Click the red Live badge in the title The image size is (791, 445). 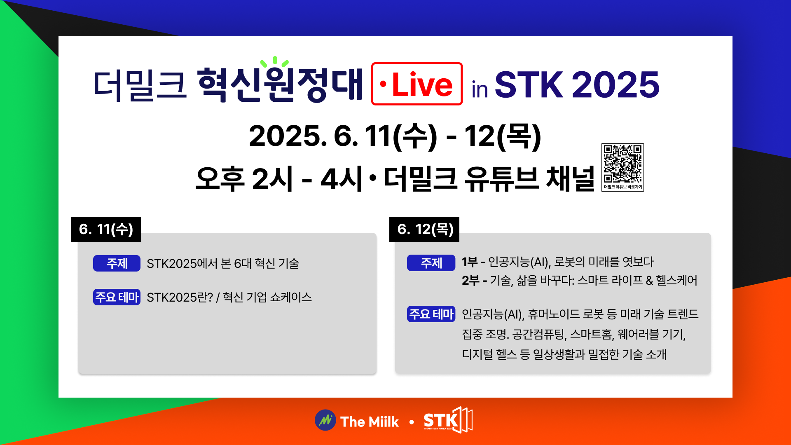pos(417,84)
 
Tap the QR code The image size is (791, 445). pos(623,164)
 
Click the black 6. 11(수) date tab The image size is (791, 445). pos(106,229)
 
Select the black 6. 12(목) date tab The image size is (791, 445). pos(424,229)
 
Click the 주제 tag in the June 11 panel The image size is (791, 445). pos(117,263)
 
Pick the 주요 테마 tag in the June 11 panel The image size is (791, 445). pos(117,297)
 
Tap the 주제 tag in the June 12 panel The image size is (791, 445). pos(431,263)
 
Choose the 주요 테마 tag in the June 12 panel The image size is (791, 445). pos(431,314)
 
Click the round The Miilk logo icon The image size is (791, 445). pos(325,420)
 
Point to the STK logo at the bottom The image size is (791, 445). pos(448,420)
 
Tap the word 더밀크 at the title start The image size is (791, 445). pos(140,85)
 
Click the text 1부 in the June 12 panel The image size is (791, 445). pos(469,262)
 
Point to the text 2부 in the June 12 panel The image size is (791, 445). pos(470,281)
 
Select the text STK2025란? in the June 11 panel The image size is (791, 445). pos(180,297)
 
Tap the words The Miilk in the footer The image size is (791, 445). pos(370,422)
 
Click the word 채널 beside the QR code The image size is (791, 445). pos(570,179)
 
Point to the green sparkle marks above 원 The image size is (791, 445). pos(275,62)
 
